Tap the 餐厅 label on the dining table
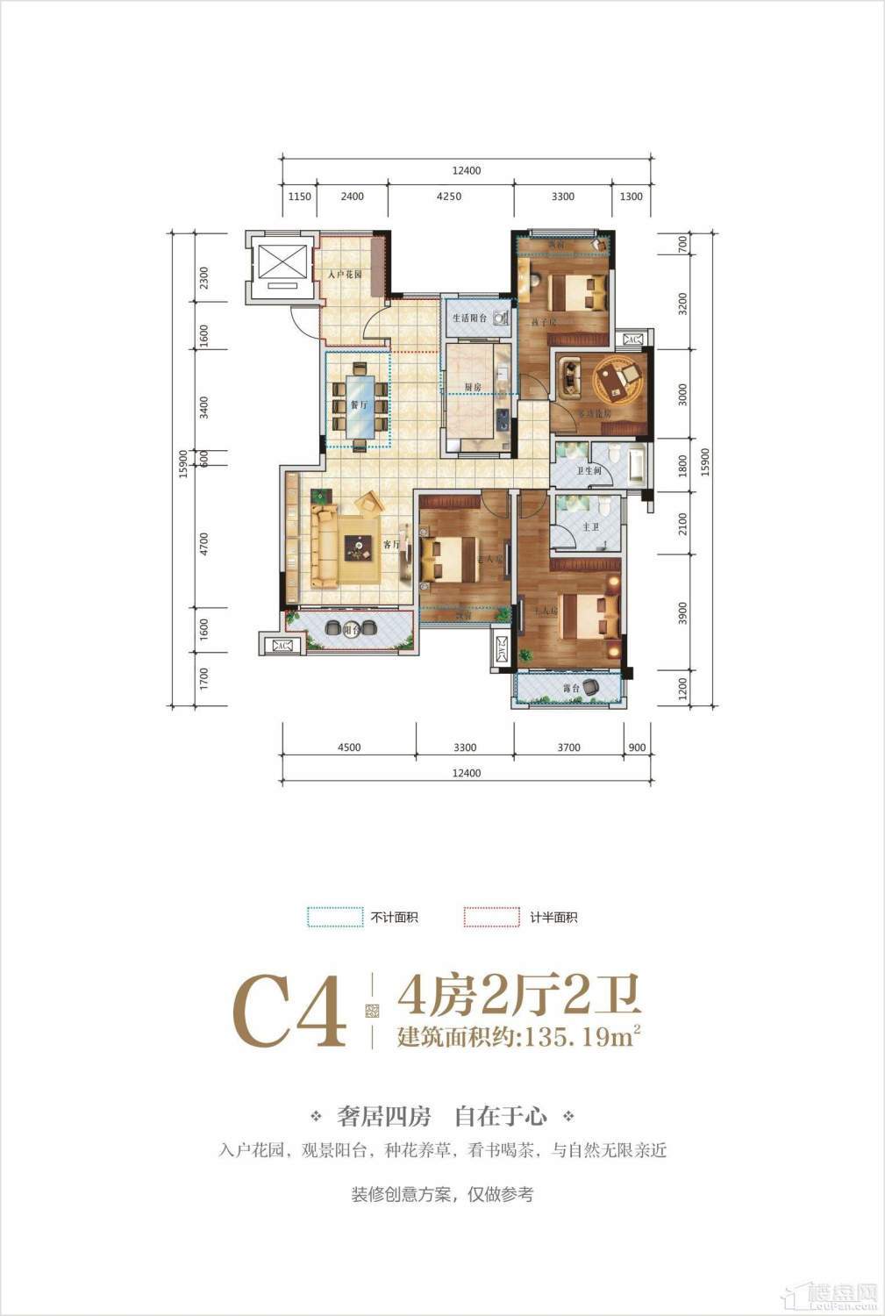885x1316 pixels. click(x=333, y=405)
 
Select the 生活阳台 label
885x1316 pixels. click(x=469, y=318)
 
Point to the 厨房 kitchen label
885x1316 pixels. click(x=473, y=386)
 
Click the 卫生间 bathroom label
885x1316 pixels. click(x=587, y=470)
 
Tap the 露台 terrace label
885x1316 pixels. click(x=570, y=689)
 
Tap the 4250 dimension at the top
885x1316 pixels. click(x=448, y=197)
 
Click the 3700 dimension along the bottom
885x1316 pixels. click(x=568, y=747)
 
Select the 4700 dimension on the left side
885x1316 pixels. click(x=204, y=545)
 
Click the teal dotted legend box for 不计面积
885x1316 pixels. click(x=335, y=917)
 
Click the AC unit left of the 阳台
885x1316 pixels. click(x=282, y=646)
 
